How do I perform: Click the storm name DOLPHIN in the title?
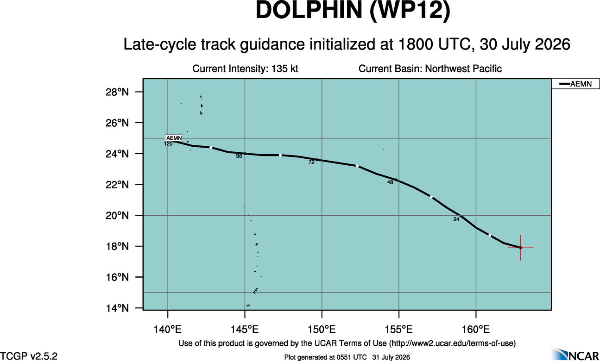pyautogui.click(x=309, y=11)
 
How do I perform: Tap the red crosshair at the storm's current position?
pyautogui.click(x=520, y=248)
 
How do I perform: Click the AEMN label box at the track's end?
pyautogui.click(x=174, y=138)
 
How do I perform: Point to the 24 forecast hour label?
pyautogui.click(x=456, y=219)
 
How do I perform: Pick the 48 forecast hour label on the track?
pyautogui.click(x=390, y=182)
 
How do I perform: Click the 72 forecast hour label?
pyautogui.click(x=311, y=162)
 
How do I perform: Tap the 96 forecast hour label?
pyautogui.click(x=239, y=156)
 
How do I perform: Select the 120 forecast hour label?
pyautogui.click(x=168, y=144)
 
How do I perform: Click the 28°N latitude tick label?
pyautogui.click(x=117, y=92)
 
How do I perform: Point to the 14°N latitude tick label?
pyautogui.click(x=117, y=308)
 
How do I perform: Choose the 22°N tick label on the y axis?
pyautogui.click(x=117, y=185)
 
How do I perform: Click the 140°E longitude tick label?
pyautogui.click(x=167, y=329)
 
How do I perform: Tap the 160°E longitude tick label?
pyautogui.click(x=476, y=329)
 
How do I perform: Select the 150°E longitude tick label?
pyautogui.click(x=322, y=329)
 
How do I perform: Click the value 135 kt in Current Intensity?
pyautogui.click(x=285, y=69)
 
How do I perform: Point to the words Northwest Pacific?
pyautogui.click(x=463, y=69)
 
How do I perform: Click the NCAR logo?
pyautogui.click(x=575, y=355)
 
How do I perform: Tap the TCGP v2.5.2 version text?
pyautogui.click(x=29, y=356)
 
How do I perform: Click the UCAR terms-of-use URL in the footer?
pyautogui.click(x=452, y=343)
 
